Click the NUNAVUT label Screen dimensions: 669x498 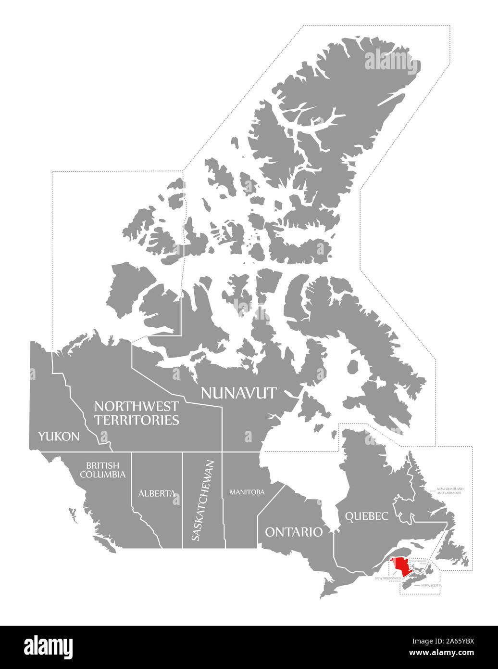(238, 393)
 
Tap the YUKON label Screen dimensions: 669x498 (59, 437)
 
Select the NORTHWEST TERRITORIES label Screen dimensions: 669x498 (137, 413)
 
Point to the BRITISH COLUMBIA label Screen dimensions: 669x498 (103, 470)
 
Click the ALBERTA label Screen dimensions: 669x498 (156, 493)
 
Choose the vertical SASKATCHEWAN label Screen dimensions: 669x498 (196, 501)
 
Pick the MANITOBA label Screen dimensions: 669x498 (247, 492)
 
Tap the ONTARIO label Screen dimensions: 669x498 (294, 532)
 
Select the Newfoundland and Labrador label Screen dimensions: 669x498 (450, 490)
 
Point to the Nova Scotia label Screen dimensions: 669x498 (431, 586)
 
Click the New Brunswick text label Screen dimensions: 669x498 (388, 578)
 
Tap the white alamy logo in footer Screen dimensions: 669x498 (49, 646)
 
